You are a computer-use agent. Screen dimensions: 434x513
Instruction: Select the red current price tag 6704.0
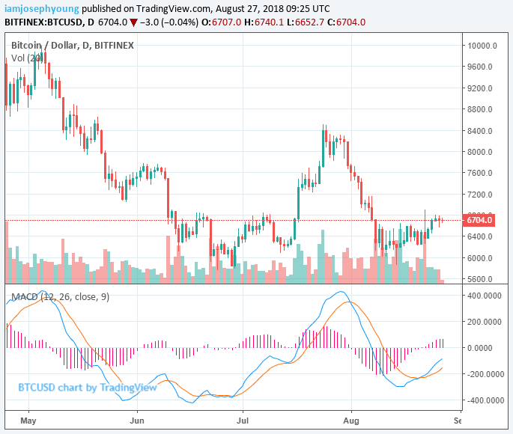pyautogui.click(x=479, y=220)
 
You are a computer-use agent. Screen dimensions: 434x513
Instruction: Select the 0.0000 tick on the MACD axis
pyautogui.click(x=485, y=348)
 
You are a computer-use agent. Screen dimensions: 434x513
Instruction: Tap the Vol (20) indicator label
pyautogui.click(x=26, y=58)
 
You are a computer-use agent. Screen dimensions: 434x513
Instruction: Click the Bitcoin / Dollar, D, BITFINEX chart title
pyautogui.click(x=73, y=45)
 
